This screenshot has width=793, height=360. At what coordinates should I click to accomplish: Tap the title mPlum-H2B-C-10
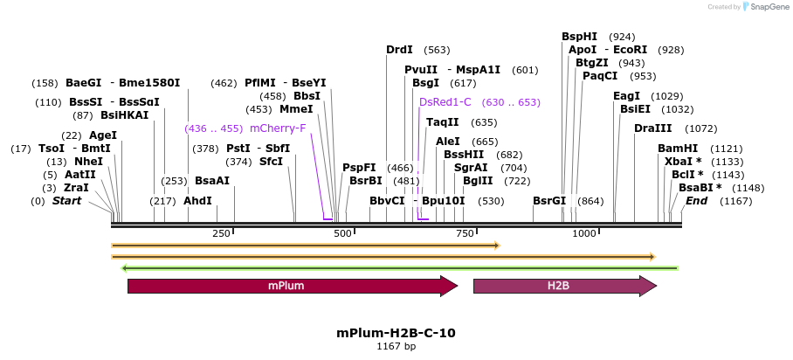(x=396, y=333)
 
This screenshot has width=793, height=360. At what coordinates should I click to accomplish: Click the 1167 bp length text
(x=396, y=347)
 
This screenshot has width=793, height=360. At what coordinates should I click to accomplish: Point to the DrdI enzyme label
(x=399, y=50)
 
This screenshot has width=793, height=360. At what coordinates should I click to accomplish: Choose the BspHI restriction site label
(x=580, y=37)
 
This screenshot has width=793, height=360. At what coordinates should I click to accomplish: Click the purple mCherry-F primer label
(x=278, y=128)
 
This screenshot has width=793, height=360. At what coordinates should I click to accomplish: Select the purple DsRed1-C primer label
(x=445, y=102)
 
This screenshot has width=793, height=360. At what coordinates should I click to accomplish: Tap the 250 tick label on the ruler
(x=221, y=233)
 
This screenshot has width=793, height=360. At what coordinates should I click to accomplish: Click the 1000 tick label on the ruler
(x=583, y=233)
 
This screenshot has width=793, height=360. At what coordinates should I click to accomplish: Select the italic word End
(x=697, y=201)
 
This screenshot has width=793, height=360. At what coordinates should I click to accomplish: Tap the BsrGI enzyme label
(x=549, y=201)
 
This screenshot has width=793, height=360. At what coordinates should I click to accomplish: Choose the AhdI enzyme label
(x=197, y=201)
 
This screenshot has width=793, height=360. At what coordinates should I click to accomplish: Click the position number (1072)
(x=700, y=128)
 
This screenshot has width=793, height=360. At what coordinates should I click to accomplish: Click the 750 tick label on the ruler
(x=465, y=233)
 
